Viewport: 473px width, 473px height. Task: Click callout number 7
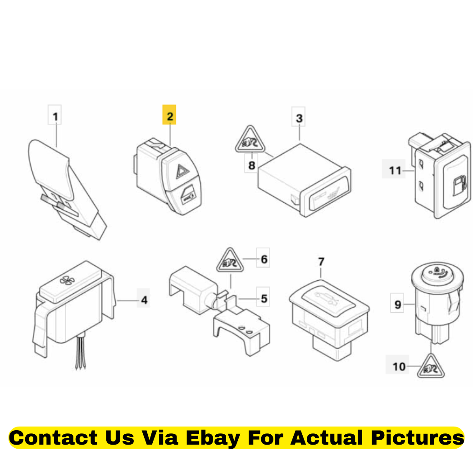pos(321,261)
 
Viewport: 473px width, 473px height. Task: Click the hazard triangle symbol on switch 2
pos(182,171)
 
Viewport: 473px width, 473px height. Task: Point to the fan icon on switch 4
pos(67,280)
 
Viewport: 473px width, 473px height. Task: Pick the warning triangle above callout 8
pos(250,139)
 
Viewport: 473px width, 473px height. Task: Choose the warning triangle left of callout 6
pos(230,260)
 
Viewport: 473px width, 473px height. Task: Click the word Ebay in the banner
pos(213,438)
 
